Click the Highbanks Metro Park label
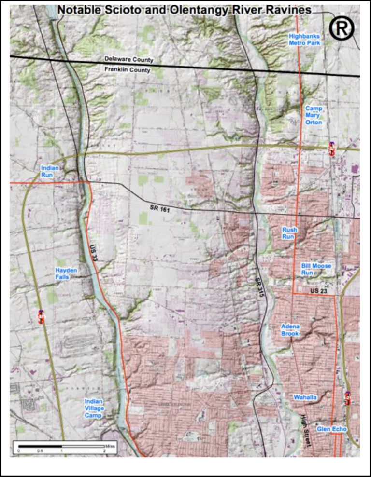tap(304, 39)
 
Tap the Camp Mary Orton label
tap(314, 115)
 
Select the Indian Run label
tap(50, 171)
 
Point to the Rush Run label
tap(289, 233)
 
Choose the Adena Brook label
tap(290, 330)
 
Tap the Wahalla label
tap(305, 397)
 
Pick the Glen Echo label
tap(332, 428)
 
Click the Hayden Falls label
tap(66, 273)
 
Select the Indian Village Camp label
tap(94, 408)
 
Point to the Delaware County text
tap(129, 60)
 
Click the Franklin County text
tap(128, 70)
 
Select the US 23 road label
tap(319, 291)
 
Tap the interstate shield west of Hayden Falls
tap(42, 317)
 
